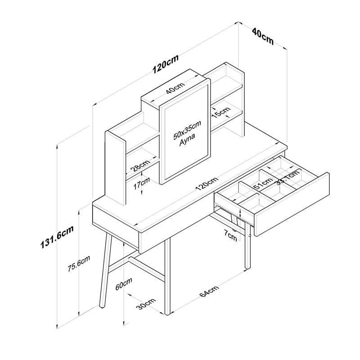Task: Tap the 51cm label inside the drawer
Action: (262, 184)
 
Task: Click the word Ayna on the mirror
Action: (187, 140)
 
